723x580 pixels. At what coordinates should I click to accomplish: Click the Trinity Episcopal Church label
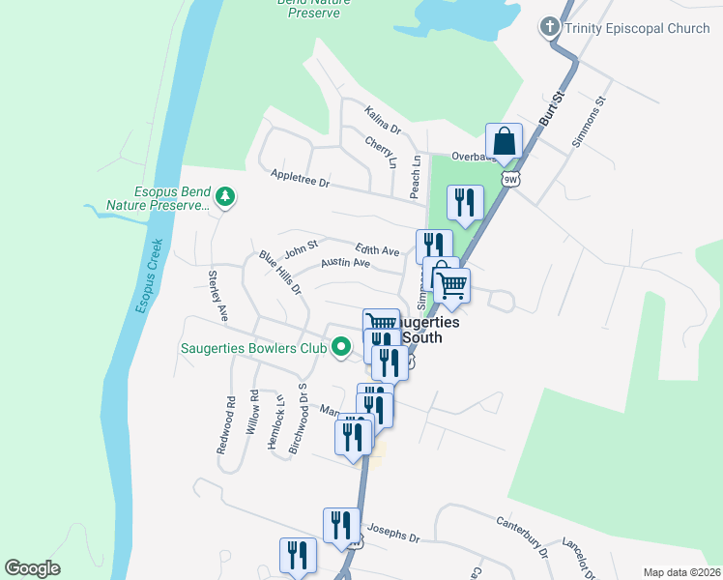point(639,28)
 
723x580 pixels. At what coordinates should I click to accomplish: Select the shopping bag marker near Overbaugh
point(504,142)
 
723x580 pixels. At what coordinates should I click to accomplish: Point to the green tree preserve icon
point(225,198)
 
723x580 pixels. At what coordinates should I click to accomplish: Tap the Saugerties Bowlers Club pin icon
point(340,347)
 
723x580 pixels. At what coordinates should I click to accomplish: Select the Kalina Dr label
point(383,121)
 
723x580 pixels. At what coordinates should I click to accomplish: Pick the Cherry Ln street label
point(381,152)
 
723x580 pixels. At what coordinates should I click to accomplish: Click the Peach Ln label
point(416,173)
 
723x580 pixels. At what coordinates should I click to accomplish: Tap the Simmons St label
point(588,121)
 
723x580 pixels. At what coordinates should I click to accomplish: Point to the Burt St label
point(551,108)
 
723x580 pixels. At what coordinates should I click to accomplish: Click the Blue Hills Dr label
point(280,273)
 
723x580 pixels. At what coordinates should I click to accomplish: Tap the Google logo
point(32,568)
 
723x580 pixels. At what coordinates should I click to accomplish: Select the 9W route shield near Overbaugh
point(510,179)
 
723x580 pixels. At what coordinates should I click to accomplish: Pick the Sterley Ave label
point(217,296)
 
